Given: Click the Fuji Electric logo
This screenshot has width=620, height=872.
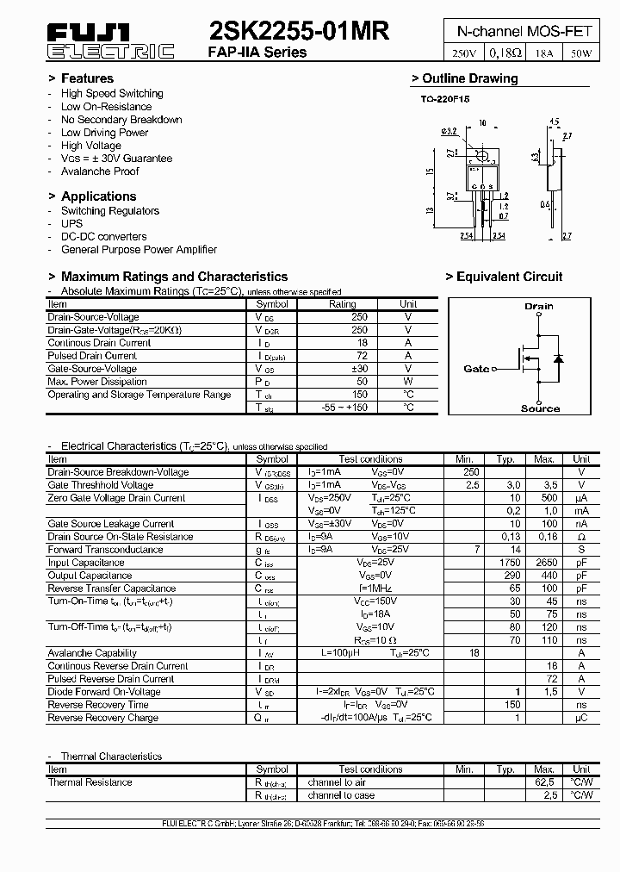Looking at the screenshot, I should [x=109, y=40].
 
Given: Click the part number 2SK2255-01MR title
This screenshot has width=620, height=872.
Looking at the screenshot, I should [x=299, y=31].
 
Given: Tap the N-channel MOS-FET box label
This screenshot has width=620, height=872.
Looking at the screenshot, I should [x=524, y=31].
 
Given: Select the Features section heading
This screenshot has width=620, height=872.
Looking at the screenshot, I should [x=81, y=78].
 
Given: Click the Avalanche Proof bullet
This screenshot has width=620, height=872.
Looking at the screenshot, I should [x=100, y=171].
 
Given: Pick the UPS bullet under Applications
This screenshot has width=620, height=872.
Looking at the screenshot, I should [x=71, y=223].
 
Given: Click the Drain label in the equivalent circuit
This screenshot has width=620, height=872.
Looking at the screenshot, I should [x=539, y=306].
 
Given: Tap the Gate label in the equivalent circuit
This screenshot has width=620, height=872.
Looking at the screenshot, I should [x=476, y=369].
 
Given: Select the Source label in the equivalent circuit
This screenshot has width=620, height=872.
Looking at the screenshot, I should [x=540, y=408].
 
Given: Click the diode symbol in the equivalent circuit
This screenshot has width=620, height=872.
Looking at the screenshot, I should [x=558, y=358].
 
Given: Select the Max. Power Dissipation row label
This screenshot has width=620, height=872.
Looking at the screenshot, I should [x=97, y=382].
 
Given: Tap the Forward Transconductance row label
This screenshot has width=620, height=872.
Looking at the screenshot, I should [x=105, y=550].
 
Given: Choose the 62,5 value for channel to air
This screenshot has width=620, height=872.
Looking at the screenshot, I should [x=544, y=782].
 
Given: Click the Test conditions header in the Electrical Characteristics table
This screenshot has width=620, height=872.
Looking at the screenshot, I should [x=370, y=459].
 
